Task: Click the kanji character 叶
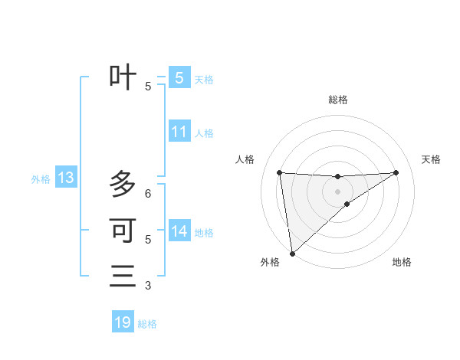(123, 77)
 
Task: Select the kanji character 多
(123, 184)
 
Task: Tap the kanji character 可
(123, 230)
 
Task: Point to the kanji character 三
(123, 276)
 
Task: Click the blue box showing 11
(179, 132)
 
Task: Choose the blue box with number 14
(179, 231)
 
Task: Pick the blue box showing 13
(66, 178)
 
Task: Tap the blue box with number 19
(123, 322)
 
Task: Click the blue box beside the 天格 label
(179, 78)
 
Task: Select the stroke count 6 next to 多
(148, 194)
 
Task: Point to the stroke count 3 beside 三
(148, 286)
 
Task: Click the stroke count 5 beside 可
(148, 240)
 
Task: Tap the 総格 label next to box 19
(147, 324)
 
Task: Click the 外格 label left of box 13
(41, 179)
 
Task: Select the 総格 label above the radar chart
(337, 100)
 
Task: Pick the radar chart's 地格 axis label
(402, 262)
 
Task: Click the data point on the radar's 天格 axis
(396, 172)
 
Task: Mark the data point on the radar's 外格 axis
(291, 253)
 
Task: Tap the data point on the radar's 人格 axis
(279, 172)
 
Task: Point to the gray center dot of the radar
(337, 191)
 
